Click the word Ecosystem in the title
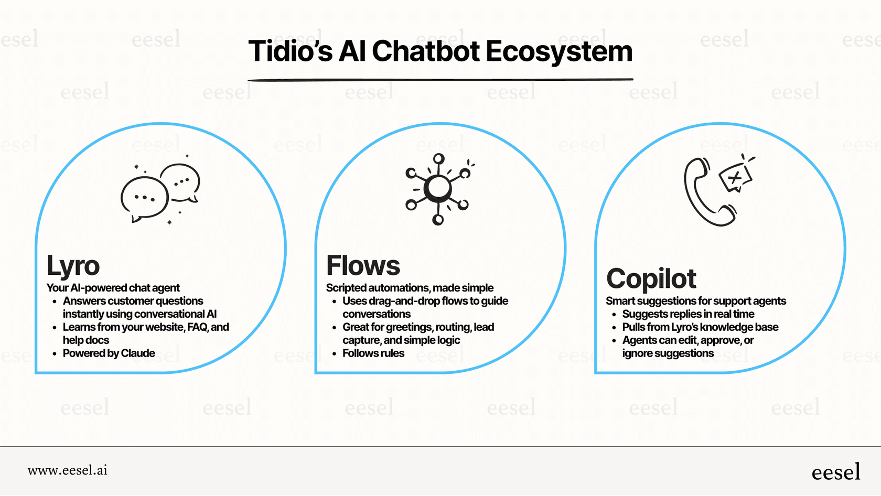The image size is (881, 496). pyautogui.click(x=559, y=52)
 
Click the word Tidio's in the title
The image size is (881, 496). pyautogui.click(x=291, y=52)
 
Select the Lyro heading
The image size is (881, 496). pyautogui.click(x=73, y=266)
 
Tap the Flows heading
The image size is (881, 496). pyautogui.click(x=363, y=266)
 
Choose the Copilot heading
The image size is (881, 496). pyautogui.click(x=651, y=279)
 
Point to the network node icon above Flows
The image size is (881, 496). pyautogui.click(x=438, y=189)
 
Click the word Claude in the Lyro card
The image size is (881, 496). pyautogui.click(x=138, y=353)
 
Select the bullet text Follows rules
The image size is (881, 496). pyautogui.click(x=373, y=353)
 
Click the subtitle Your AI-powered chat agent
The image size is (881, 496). pyautogui.click(x=113, y=288)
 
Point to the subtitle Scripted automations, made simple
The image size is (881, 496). pyautogui.click(x=410, y=288)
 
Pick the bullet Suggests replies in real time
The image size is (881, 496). pyautogui.click(x=688, y=314)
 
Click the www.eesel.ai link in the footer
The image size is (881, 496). pyautogui.click(x=68, y=470)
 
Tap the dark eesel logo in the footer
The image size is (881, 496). pyautogui.click(x=835, y=472)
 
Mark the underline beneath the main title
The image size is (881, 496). pyautogui.click(x=440, y=80)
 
